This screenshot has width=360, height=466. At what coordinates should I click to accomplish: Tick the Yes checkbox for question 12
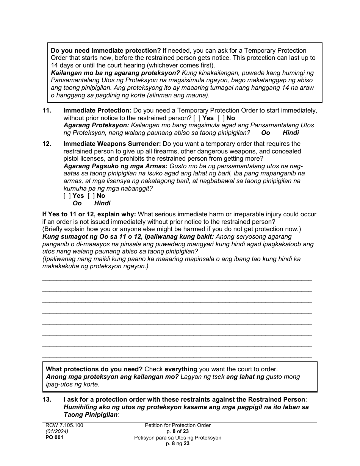67,195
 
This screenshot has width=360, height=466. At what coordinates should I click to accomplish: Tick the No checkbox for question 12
91,195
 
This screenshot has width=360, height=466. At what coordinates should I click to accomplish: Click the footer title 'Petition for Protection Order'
177,425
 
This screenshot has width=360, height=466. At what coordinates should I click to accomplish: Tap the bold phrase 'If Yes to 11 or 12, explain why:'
89,214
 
